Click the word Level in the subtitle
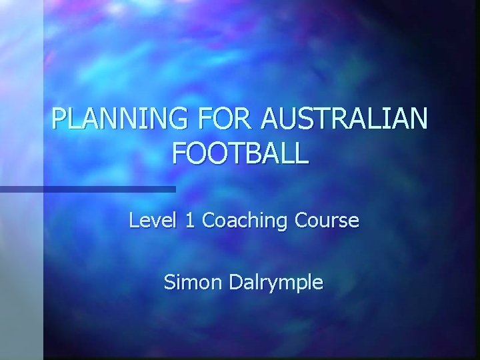(x=151, y=220)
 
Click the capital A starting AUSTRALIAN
(x=273, y=119)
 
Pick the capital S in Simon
(x=170, y=282)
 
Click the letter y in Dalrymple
(x=278, y=285)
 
